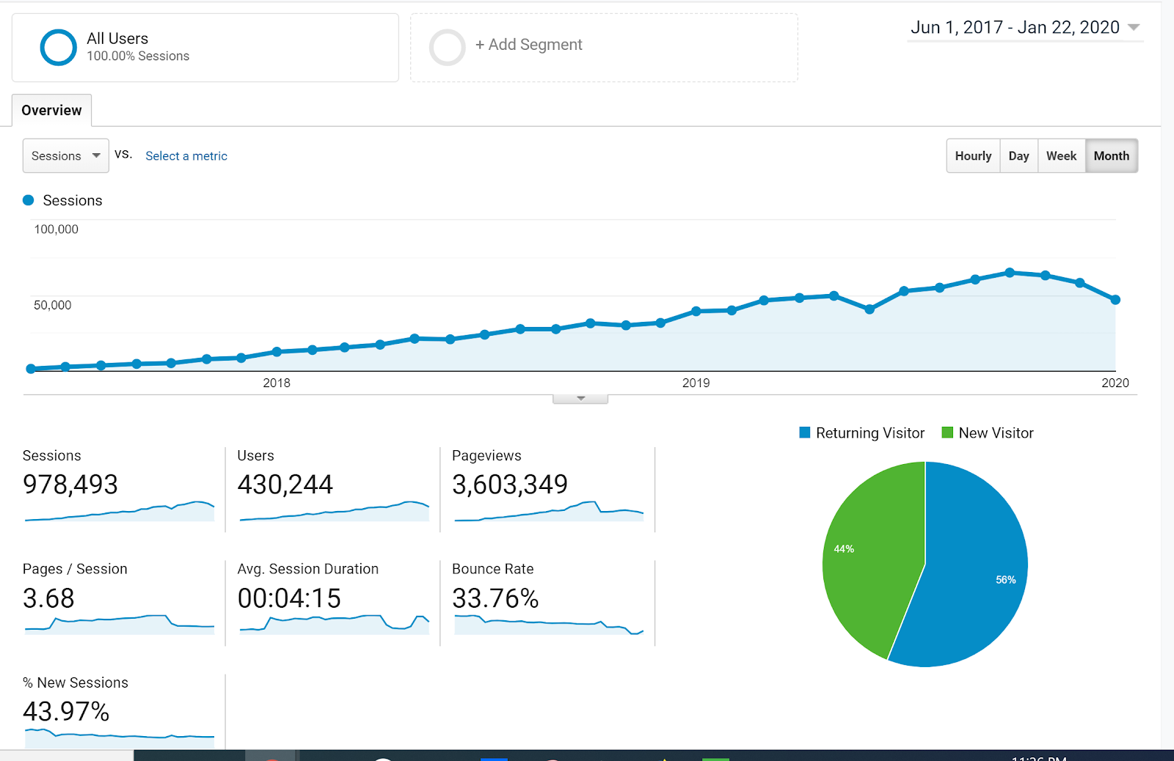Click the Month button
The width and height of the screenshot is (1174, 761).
tap(1111, 156)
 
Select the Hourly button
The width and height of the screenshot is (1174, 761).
tap(973, 156)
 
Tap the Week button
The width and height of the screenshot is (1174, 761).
tap(1061, 156)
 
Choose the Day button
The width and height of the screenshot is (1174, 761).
tap(1018, 156)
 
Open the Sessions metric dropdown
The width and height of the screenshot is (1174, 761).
tap(65, 156)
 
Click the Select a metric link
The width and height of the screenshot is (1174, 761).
tap(186, 156)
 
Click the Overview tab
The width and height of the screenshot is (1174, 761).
tap(51, 111)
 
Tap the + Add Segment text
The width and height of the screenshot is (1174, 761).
tap(528, 45)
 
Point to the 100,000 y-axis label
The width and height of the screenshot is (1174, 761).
tap(56, 229)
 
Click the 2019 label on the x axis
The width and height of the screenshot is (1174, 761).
tap(696, 383)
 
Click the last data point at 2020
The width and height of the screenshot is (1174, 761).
tap(1115, 300)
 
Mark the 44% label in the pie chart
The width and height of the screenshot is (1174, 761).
tap(844, 549)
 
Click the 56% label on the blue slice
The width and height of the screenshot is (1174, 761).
tap(1005, 580)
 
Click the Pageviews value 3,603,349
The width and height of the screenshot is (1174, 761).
tap(510, 485)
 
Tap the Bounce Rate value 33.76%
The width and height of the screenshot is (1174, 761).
tap(495, 599)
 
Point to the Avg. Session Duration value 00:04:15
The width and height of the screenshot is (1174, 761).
tap(289, 599)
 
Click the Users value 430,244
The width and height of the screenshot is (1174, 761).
tap(285, 485)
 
